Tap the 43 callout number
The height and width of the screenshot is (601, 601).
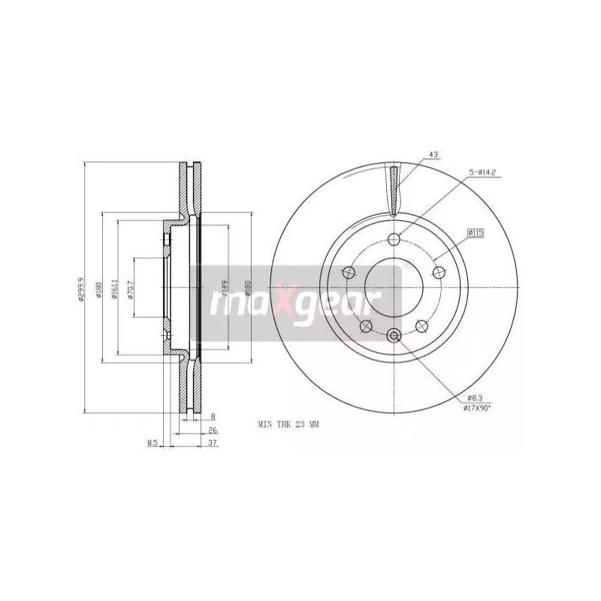(433, 155)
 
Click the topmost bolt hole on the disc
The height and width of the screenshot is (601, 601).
(394, 240)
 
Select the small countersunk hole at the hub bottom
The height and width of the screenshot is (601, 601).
(394, 337)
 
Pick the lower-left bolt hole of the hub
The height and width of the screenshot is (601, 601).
(366, 326)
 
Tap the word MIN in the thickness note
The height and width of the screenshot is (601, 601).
(264, 425)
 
